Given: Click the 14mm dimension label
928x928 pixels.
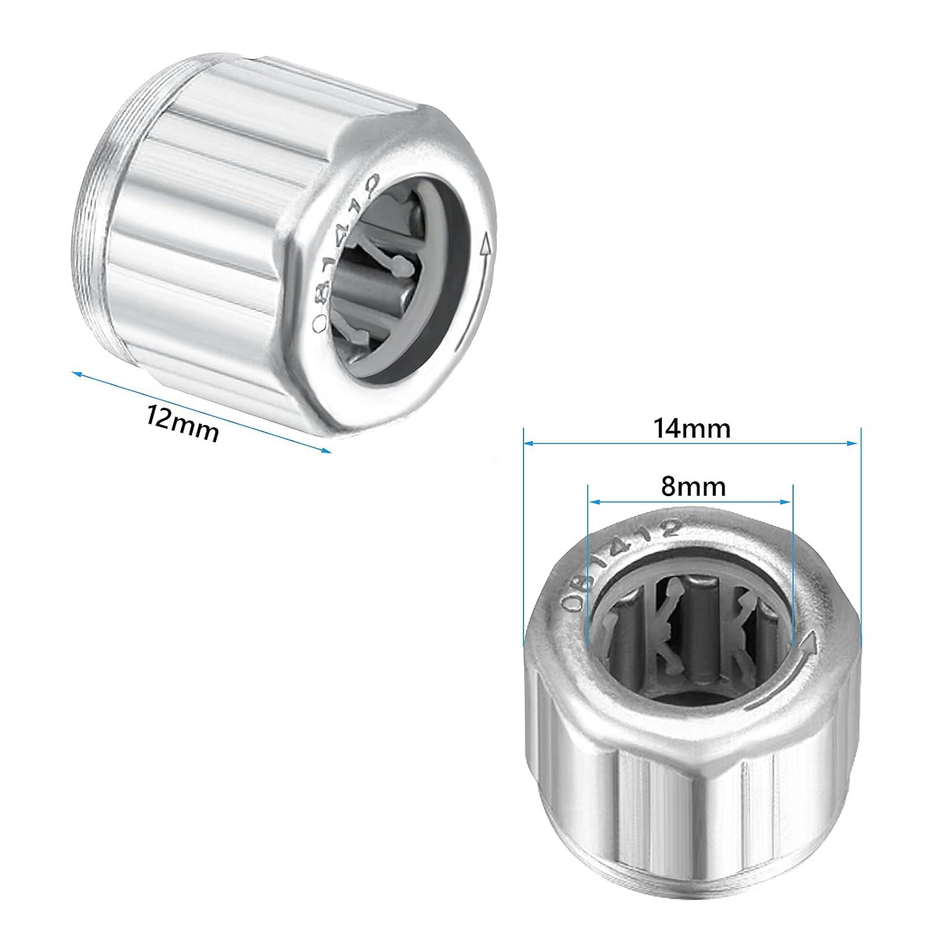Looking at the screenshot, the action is pyautogui.click(x=692, y=428).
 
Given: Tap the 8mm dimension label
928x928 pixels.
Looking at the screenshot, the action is pyautogui.click(x=693, y=487).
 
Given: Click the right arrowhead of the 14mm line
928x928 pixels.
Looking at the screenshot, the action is pyautogui.click(x=853, y=442).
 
